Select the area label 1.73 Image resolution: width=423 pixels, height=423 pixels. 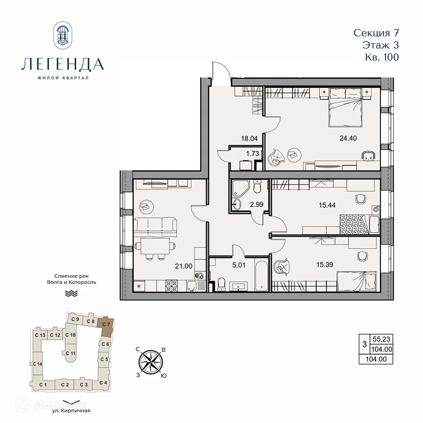tap(252, 154)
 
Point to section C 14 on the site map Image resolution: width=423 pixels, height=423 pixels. tap(37, 364)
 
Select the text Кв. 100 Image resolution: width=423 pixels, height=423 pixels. tap(382, 57)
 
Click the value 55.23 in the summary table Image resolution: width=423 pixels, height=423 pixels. tap(380, 339)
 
